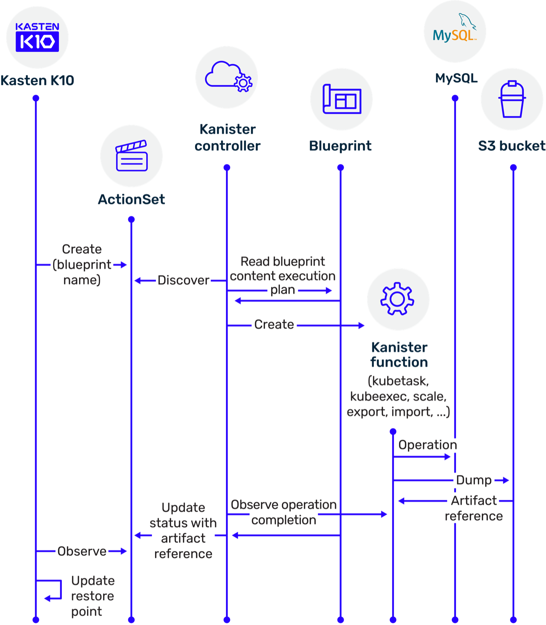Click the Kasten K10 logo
pyautogui.click(x=37, y=37)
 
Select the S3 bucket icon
pyautogui.click(x=512, y=99)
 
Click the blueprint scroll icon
pyautogui.click(x=342, y=99)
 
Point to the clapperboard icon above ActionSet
pyautogui.click(x=132, y=155)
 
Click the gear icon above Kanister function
pyautogui.click(x=397, y=299)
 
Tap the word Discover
pyautogui.click(x=183, y=280)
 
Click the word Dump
pyautogui.click(x=474, y=480)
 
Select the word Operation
pyautogui.click(x=428, y=445)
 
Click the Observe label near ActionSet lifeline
pyautogui.click(x=82, y=551)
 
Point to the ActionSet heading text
pyautogui.click(x=131, y=199)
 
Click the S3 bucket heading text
pyautogui.click(x=512, y=146)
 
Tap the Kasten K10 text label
pyautogui.click(x=37, y=81)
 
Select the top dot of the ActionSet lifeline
pyautogui.click(x=131, y=219)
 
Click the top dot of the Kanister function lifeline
pyautogui.click(x=393, y=431)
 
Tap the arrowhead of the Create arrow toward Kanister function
pyautogui.click(x=362, y=326)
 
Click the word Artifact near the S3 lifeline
pyautogui.click(x=474, y=501)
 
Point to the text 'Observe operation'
pyautogui.click(x=284, y=505)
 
